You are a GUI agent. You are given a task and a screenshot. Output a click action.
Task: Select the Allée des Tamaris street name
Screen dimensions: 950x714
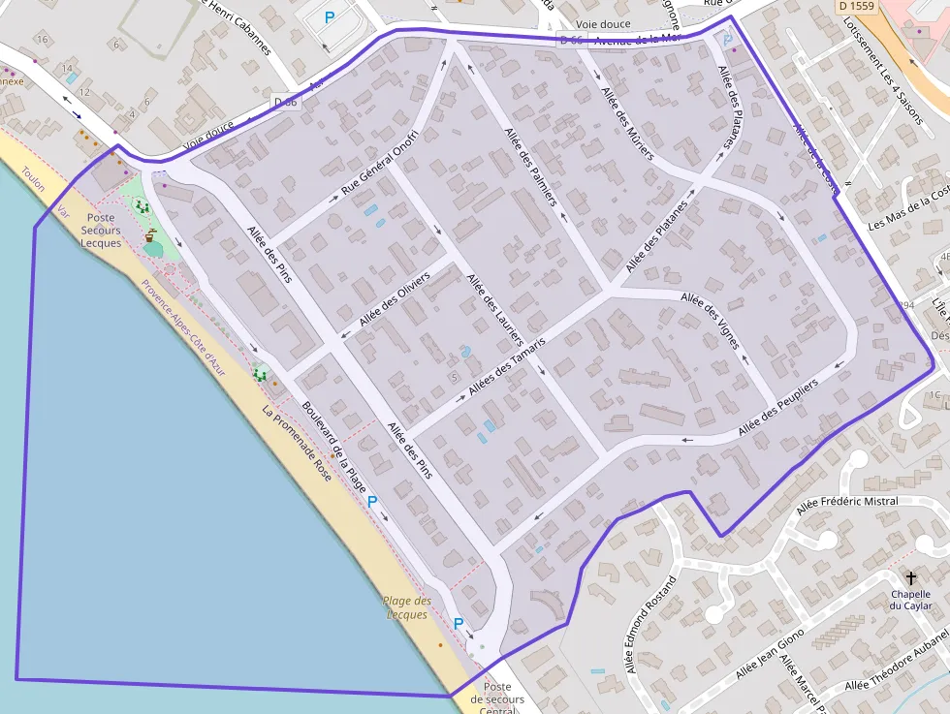point(507,366)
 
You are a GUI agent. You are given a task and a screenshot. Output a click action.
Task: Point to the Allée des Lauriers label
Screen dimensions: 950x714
point(494,311)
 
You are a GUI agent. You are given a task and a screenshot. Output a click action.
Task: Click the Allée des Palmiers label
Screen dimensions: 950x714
point(530,167)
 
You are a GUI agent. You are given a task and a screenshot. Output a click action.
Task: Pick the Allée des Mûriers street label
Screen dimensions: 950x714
point(627,123)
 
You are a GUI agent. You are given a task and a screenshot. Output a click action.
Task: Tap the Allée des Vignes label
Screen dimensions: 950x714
point(711,321)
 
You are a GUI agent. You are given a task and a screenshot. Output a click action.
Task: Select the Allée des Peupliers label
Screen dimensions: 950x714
point(778,406)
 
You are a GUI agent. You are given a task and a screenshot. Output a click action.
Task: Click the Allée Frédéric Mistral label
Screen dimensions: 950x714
point(846,502)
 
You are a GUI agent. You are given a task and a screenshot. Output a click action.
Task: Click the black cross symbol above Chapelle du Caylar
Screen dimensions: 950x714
point(910,577)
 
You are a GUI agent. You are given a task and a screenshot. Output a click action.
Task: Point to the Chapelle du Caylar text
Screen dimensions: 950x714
point(910,600)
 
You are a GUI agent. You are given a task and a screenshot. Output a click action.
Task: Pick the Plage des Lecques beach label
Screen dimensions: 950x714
point(407,607)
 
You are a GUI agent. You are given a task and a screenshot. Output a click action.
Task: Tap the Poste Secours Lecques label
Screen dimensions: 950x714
point(101,231)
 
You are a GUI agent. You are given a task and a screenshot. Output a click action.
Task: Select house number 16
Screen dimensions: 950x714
point(41,39)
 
